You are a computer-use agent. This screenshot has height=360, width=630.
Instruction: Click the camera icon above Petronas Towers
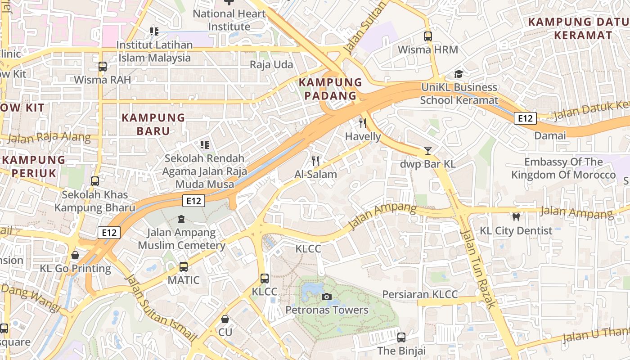coord(327,297)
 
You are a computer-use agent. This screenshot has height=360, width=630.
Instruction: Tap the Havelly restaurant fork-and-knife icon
coord(363,123)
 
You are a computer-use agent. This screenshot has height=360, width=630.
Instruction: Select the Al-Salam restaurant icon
coord(315,161)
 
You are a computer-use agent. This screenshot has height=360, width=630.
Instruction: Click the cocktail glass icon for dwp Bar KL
coord(427,151)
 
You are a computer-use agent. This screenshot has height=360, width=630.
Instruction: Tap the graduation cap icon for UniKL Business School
coord(459,74)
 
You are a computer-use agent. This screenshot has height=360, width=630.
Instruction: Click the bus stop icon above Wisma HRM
coord(427,36)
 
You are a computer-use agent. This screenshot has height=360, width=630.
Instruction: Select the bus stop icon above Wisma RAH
coord(103,67)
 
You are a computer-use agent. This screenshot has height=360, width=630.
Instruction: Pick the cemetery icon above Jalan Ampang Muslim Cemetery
coord(181,219)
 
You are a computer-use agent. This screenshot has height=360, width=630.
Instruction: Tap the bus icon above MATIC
coord(183,267)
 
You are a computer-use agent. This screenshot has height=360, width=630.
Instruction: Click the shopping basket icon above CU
coord(225,319)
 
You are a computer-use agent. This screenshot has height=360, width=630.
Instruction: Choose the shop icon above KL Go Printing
coord(75,255)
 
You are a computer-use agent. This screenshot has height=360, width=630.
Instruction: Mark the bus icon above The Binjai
coord(401,337)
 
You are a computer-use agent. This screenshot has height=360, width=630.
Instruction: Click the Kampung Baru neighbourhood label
coord(153,124)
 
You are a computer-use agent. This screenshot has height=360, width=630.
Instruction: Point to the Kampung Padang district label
coord(330,89)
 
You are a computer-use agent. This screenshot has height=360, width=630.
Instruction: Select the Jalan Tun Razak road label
coord(479,268)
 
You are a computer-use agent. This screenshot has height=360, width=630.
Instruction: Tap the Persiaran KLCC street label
coord(420,294)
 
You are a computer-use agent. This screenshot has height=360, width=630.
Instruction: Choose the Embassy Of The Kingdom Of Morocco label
coord(563,168)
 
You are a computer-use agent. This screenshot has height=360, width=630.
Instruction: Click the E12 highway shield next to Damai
coord(526,118)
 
